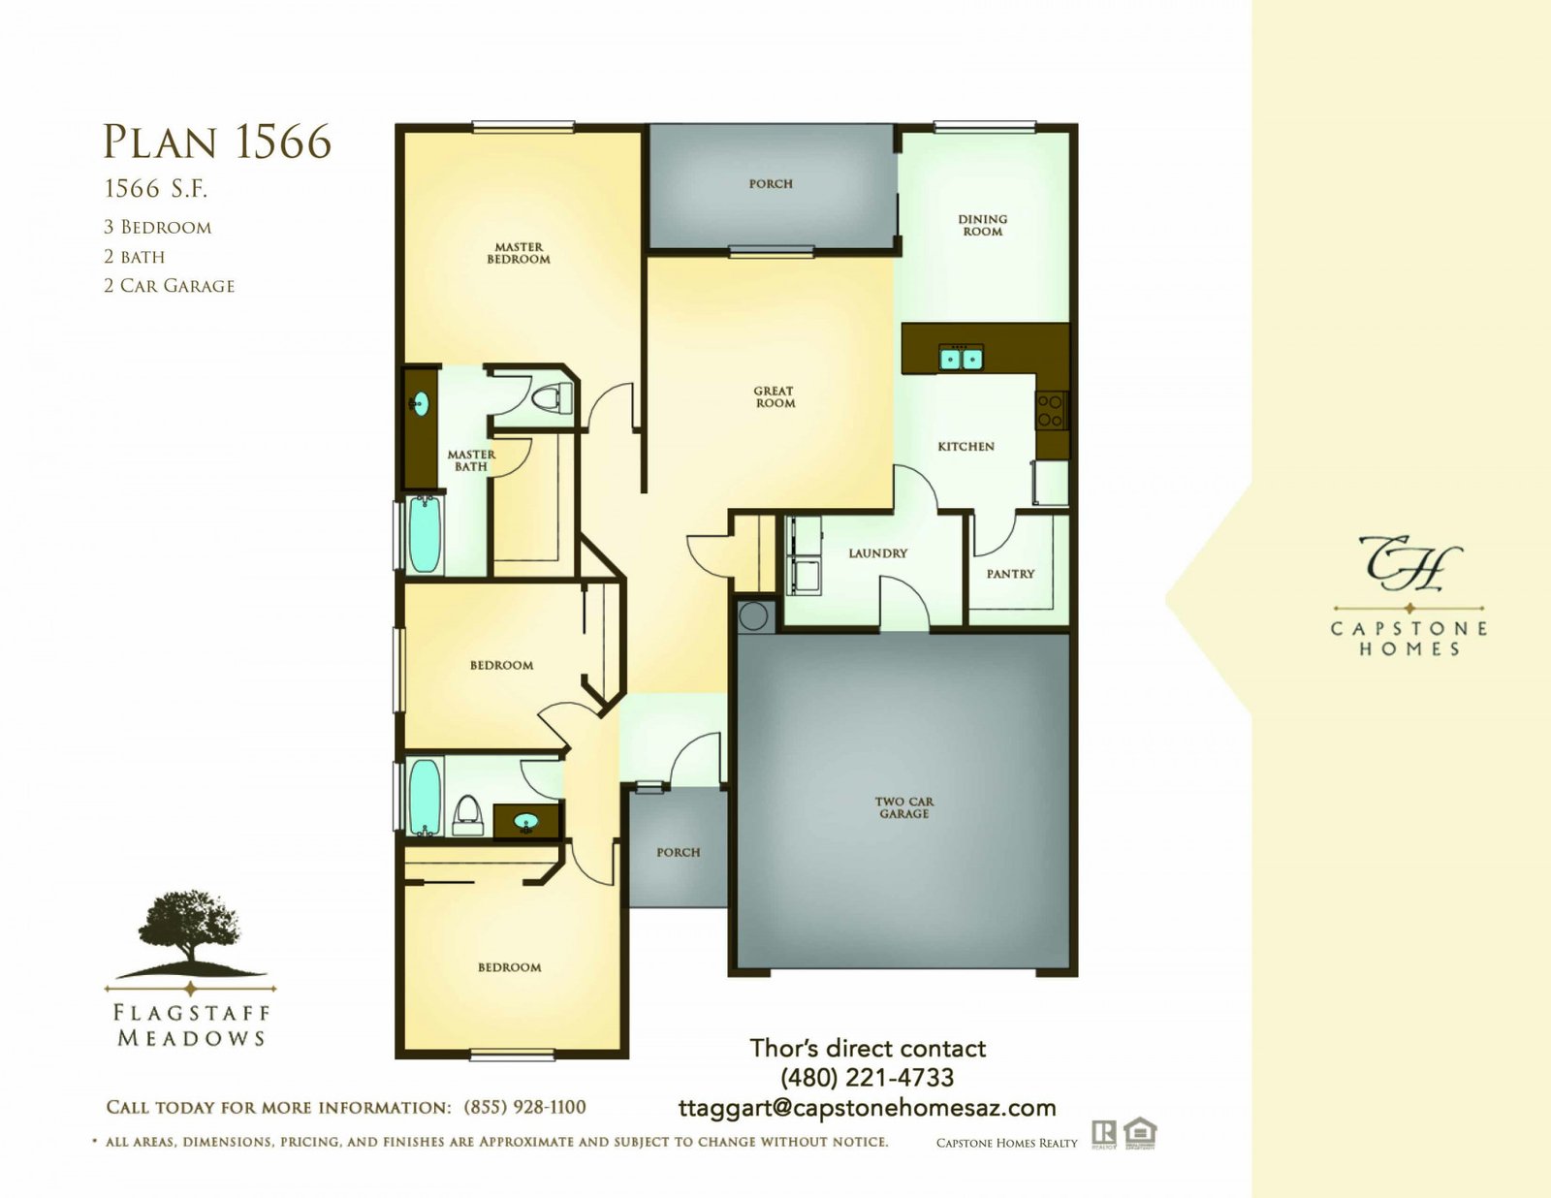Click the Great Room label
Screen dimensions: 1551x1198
pyautogui.click(x=775, y=396)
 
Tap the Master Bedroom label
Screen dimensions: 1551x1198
pyautogui.click(x=519, y=253)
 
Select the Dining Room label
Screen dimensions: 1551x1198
pyautogui.click(x=983, y=226)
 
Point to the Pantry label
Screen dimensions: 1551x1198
pyautogui.click(x=1011, y=574)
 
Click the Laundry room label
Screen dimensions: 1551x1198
pyautogui.click(x=878, y=553)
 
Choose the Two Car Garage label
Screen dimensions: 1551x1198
pyautogui.click(x=904, y=807)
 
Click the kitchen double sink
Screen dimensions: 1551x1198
pyautogui.click(x=962, y=357)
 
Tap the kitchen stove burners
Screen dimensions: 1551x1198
pyautogui.click(x=1052, y=410)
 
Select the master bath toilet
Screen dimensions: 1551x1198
pyautogui.click(x=554, y=397)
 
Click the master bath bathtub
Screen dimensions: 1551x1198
pyautogui.click(x=425, y=534)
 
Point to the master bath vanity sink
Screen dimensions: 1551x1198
pyautogui.click(x=420, y=404)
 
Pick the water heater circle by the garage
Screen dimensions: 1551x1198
pyautogui.click(x=753, y=615)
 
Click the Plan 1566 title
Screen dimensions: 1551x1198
pyautogui.click(x=217, y=142)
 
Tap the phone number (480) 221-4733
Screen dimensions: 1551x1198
pyautogui.click(x=868, y=1078)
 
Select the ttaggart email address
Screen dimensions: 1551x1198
pyautogui.click(x=868, y=1108)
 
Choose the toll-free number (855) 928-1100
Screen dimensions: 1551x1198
pyautogui.click(x=524, y=1107)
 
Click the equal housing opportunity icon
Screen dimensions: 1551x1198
pyautogui.click(x=1140, y=1134)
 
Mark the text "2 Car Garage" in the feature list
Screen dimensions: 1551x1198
pyautogui.click(x=170, y=286)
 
